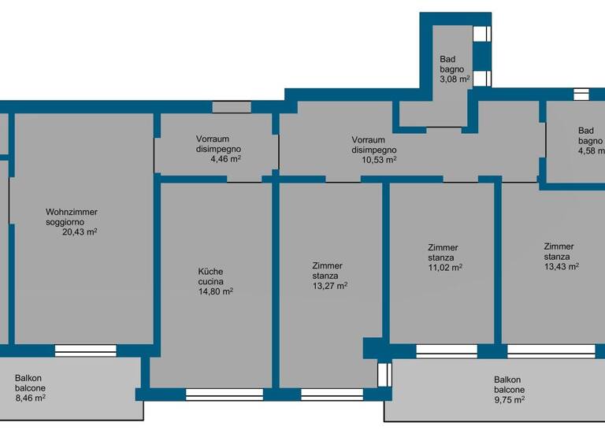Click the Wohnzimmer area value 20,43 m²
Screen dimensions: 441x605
pos(80,232)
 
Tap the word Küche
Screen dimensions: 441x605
pos(210,272)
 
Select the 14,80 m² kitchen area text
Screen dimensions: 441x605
pos(215,291)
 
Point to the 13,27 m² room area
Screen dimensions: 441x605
pos(330,286)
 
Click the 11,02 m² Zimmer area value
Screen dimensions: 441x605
pos(444,268)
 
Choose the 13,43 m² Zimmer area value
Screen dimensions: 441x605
pos(561,266)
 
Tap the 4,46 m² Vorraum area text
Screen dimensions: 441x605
pos(225,158)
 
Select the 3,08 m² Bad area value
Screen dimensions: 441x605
pos(455,79)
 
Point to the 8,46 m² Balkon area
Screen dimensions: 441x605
pos(30,398)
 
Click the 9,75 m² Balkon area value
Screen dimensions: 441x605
pos(509,399)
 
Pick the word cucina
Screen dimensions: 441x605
pos(210,281)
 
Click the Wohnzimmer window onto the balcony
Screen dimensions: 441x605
pos(85,350)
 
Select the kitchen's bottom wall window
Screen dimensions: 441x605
pos(224,394)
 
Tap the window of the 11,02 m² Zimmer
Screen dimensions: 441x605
pos(446,350)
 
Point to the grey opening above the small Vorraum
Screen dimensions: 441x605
pos(232,107)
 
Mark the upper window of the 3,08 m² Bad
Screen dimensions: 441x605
pos(481,34)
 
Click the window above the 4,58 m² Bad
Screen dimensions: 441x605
pos(581,94)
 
